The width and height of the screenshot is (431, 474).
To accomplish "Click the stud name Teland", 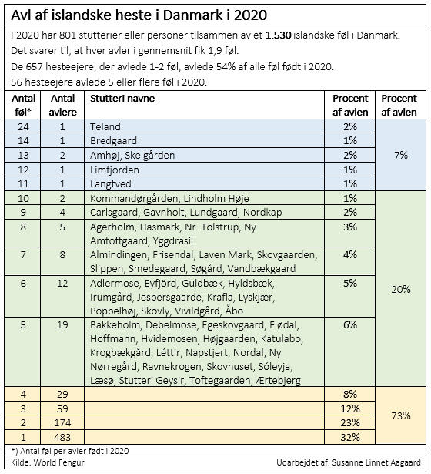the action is point(105,126).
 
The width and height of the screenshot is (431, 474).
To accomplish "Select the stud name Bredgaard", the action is point(113,141).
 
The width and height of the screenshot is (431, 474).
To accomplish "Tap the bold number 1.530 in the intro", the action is point(279,35).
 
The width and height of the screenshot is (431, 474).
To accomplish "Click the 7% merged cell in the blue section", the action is point(400,155).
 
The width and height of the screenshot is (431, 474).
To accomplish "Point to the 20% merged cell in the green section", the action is point(400,290).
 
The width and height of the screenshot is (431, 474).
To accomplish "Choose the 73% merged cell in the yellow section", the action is point(400,416).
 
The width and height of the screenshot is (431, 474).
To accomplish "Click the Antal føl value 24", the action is point(23,126).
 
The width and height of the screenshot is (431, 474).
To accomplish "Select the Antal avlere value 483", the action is point(62,437).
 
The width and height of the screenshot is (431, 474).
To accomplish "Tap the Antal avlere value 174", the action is point(62,422).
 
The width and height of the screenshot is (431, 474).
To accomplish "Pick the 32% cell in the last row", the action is point(350,437).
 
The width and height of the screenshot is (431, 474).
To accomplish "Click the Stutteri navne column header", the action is point(122,98).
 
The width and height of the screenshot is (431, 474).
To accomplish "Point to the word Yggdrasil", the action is point(172,241).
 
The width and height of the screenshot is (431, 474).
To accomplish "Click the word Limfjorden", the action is point(115,170).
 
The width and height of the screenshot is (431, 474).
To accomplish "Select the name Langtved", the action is point(111,183).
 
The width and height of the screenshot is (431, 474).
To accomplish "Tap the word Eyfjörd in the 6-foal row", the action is point(160,284).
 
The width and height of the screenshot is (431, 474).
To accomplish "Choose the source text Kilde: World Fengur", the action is point(48,462).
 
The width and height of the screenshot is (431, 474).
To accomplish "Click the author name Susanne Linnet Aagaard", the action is point(376,462).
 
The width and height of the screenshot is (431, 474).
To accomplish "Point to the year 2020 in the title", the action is point(250,15).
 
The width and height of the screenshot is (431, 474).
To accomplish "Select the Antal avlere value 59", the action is point(62,408).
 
